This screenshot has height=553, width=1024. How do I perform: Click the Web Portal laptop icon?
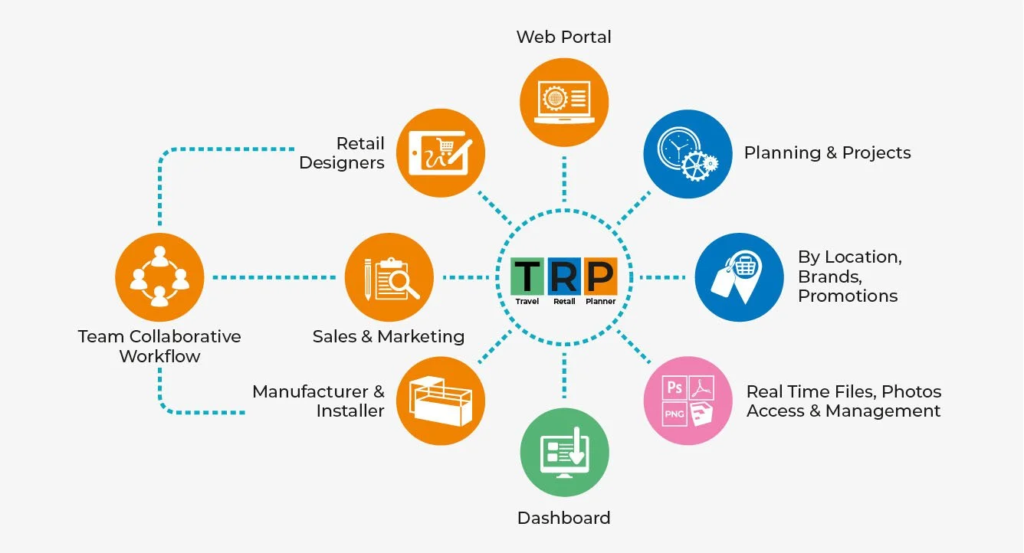click(x=564, y=102)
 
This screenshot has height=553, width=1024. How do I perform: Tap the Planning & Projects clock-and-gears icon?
click(x=688, y=154)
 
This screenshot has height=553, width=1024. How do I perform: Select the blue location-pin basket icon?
click(x=739, y=277)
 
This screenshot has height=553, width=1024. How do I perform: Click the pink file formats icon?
click(x=688, y=401)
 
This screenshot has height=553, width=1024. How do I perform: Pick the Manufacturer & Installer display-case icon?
click(x=441, y=401)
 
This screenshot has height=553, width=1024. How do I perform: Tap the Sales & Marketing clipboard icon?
click(x=389, y=277)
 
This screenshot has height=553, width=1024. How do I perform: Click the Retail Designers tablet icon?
click(x=441, y=153)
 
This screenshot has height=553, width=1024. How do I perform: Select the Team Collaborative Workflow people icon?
click(x=159, y=277)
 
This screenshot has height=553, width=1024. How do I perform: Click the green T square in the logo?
click(x=527, y=276)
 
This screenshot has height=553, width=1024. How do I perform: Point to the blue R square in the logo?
click(x=564, y=276)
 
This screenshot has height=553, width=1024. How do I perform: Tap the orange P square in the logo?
click(x=600, y=276)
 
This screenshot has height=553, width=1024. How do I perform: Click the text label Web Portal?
click(x=564, y=37)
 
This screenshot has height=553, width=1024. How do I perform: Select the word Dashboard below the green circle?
click(x=564, y=518)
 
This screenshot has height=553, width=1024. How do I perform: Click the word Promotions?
click(x=848, y=296)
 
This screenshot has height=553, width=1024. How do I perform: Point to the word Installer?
click(x=350, y=411)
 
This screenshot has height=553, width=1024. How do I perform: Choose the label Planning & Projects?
click(x=827, y=152)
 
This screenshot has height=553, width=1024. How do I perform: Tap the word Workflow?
click(x=159, y=356)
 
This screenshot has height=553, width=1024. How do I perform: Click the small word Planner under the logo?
click(x=600, y=302)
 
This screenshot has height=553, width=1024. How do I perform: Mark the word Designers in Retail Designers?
click(x=342, y=163)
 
